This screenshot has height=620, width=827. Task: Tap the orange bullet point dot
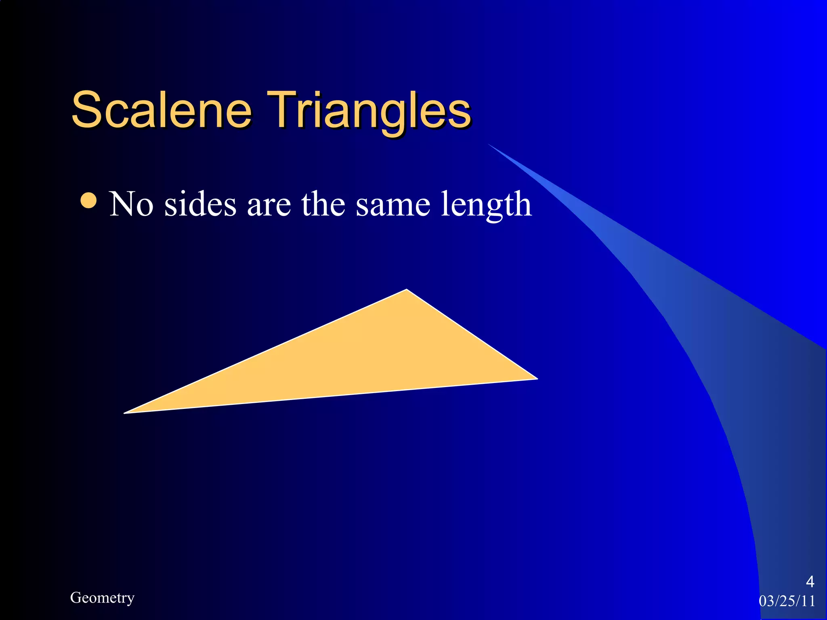click(x=89, y=201)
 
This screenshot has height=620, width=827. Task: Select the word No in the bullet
click(x=131, y=204)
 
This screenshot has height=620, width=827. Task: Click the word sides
click(x=200, y=204)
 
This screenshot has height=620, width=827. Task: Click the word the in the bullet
click(x=322, y=204)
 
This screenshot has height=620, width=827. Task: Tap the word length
click(x=486, y=205)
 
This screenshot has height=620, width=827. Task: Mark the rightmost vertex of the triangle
click(x=537, y=379)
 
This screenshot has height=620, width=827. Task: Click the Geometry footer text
click(x=102, y=598)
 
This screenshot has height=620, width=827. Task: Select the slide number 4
click(x=810, y=582)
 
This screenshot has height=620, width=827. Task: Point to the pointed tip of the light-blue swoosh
click(x=489, y=145)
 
